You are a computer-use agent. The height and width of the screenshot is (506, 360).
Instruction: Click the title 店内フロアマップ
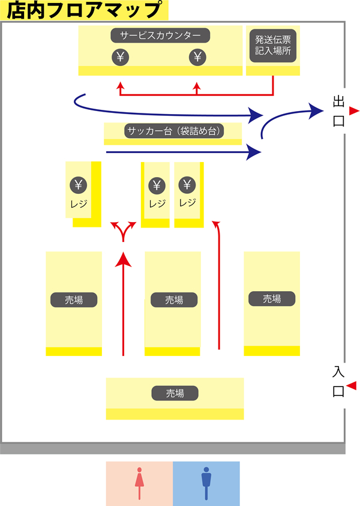coord(85,10)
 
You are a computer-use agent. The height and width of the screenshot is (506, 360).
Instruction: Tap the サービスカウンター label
coord(160,35)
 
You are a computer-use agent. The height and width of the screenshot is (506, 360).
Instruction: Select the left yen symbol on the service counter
coord(120,57)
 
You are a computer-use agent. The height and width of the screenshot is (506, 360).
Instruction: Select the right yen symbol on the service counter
coord(197,57)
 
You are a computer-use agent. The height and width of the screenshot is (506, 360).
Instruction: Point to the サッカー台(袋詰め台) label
coord(173,131)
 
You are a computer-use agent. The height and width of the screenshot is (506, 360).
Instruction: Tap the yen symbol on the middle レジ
coord(157,185)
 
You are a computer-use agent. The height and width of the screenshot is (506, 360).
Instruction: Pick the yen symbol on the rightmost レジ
coord(187,184)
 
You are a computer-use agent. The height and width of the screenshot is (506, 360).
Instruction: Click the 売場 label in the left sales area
coord(74,299)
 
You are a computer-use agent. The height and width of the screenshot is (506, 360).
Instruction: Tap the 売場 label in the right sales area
coord(272,298)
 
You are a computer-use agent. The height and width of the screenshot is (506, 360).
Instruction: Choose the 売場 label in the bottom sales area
coord(175,393)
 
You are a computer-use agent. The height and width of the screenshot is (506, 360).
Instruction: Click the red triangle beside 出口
coord(353,110)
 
